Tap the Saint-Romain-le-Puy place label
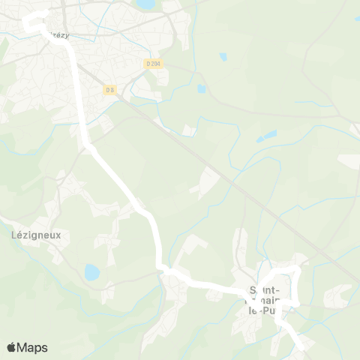[266, 299]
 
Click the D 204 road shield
[153, 65]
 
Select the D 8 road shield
[110, 90]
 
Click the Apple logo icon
[11, 347]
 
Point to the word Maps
[33, 347]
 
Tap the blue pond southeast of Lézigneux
[91, 272]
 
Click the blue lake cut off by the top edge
[146, 4]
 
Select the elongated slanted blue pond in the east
[266, 136]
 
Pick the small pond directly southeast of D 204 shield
[201, 88]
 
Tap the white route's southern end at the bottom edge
[302, 346]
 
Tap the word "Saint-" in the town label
[265, 289]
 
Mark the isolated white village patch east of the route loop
[336, 296]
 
